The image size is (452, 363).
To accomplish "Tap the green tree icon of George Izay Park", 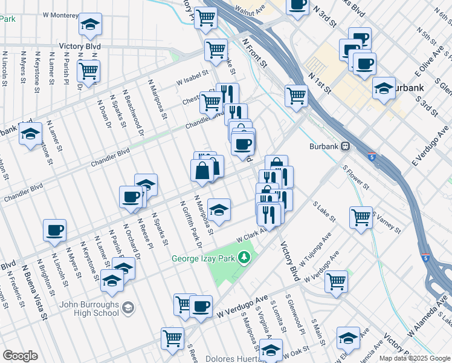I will click(x=244, y=258).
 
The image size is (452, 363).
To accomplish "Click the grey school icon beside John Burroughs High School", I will click(x=128, y=309).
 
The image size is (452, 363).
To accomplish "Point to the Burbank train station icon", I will click(x=346, y=146).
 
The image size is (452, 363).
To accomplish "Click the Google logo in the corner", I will click(x=20, y=355).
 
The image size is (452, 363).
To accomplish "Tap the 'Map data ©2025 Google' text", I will click(x=415, y=358).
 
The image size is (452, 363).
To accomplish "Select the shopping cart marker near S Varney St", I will click(x=361, y=216).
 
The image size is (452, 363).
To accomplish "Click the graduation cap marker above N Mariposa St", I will click(x=219, y=208).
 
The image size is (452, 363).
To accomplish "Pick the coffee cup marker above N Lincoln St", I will click(x=54, y=229).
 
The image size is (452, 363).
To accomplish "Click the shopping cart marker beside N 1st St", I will click(x=296, y=94).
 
